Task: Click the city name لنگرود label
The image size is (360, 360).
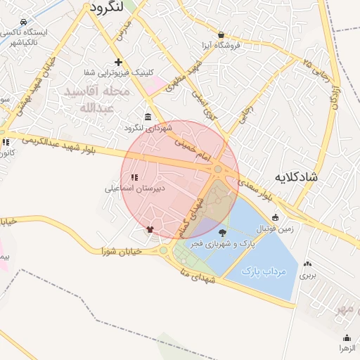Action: click(107, 7)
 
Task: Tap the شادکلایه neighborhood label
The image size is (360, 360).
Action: click(296, 176)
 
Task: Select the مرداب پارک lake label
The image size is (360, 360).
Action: click(264, 271)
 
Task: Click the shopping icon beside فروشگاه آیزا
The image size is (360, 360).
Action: click(221, 34)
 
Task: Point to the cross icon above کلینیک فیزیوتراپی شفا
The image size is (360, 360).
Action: click(118, 62)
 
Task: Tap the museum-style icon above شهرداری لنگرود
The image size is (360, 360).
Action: click(148, 117)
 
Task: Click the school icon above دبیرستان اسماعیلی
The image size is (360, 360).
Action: click(134, 178)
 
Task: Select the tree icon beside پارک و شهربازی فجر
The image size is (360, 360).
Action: click(223, 233)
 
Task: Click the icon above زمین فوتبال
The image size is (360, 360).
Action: click(276, 217)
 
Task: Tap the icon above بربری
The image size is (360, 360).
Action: click(307, 264)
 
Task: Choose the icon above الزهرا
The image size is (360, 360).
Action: click(347, 338)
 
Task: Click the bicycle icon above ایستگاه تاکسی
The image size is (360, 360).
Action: click(24, 22)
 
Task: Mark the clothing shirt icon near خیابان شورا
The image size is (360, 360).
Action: click(150, 229)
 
